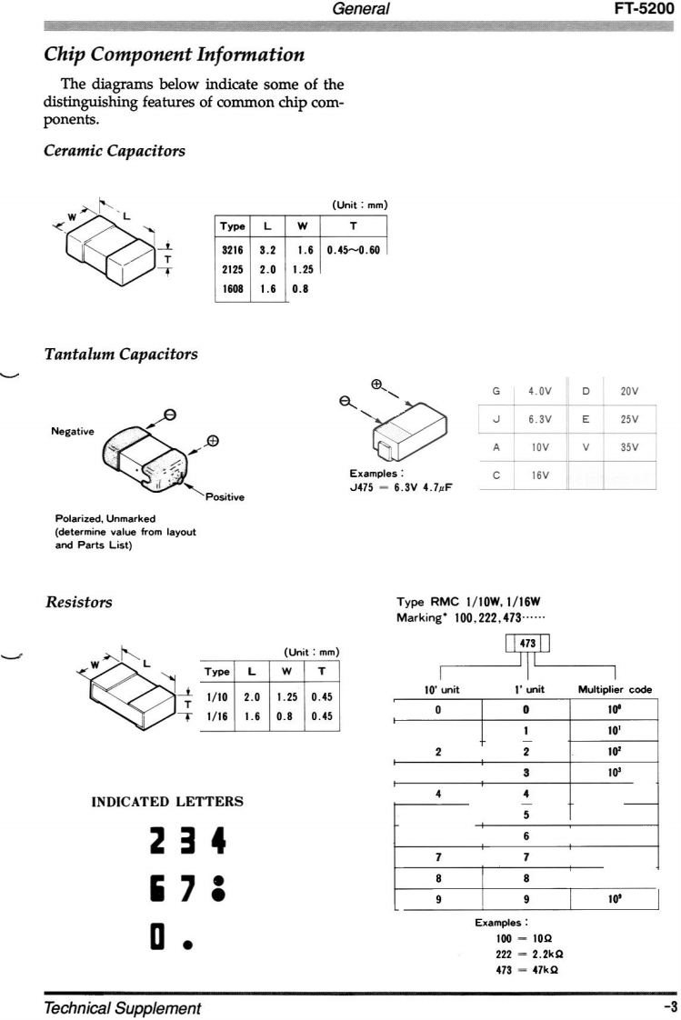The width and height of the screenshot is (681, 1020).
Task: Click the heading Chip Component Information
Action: pos(175,55)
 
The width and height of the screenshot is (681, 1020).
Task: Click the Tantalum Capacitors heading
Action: pos(121,354)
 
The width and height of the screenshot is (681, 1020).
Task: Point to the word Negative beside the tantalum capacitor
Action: pos(73,432)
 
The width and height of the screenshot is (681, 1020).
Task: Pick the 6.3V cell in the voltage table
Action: pos(542,419)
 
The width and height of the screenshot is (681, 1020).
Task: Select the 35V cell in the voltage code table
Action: pos(629,447)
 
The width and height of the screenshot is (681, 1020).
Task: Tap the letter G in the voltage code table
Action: pos(496,391)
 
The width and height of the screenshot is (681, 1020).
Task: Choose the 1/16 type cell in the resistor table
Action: pos(217,716)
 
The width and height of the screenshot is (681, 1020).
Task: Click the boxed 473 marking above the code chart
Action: pos(526,644)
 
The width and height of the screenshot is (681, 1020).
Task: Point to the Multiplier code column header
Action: pos(615,690)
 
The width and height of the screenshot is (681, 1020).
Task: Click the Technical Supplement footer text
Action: pos(122,1009)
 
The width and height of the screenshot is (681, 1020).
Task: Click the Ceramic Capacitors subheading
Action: pos(115,151)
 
